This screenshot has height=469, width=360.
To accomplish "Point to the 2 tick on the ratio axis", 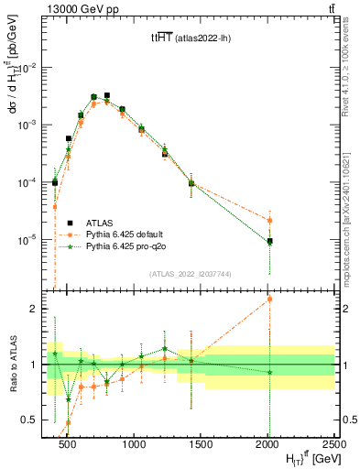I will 36,309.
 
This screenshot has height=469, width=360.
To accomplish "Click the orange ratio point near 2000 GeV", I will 269,299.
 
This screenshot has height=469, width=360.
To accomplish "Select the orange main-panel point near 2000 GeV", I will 269,220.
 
